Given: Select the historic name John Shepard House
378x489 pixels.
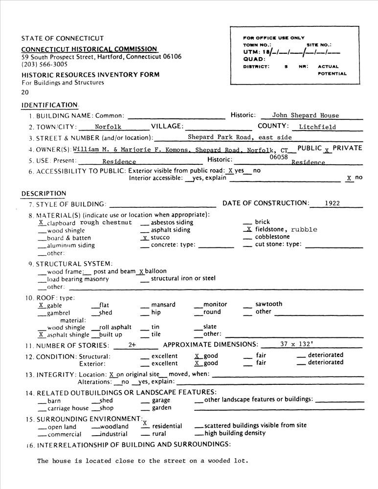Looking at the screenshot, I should (305, 115).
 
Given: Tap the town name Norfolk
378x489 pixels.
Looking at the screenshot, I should (108, 127).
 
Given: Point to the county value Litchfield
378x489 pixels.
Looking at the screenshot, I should (317, 127).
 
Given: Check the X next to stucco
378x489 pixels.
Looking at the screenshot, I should (144, 238).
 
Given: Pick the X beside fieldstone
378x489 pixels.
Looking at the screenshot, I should (248, 229).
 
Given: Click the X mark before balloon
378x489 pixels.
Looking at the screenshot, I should (141, 271).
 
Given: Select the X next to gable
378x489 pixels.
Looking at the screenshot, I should (41, 305).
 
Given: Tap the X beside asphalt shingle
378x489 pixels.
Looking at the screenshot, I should (41, 334).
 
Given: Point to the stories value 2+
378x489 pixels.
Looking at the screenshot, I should (132, 345).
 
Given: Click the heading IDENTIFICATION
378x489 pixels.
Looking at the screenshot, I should (49, 105).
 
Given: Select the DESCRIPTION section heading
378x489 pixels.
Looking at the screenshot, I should (44, 194).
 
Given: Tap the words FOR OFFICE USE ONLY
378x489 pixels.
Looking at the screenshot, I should (273, 38).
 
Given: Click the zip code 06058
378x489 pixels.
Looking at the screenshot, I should (279, 157).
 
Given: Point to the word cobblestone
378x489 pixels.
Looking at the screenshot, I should (272, 237).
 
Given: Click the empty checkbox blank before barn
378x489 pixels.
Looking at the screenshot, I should (42, 401).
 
